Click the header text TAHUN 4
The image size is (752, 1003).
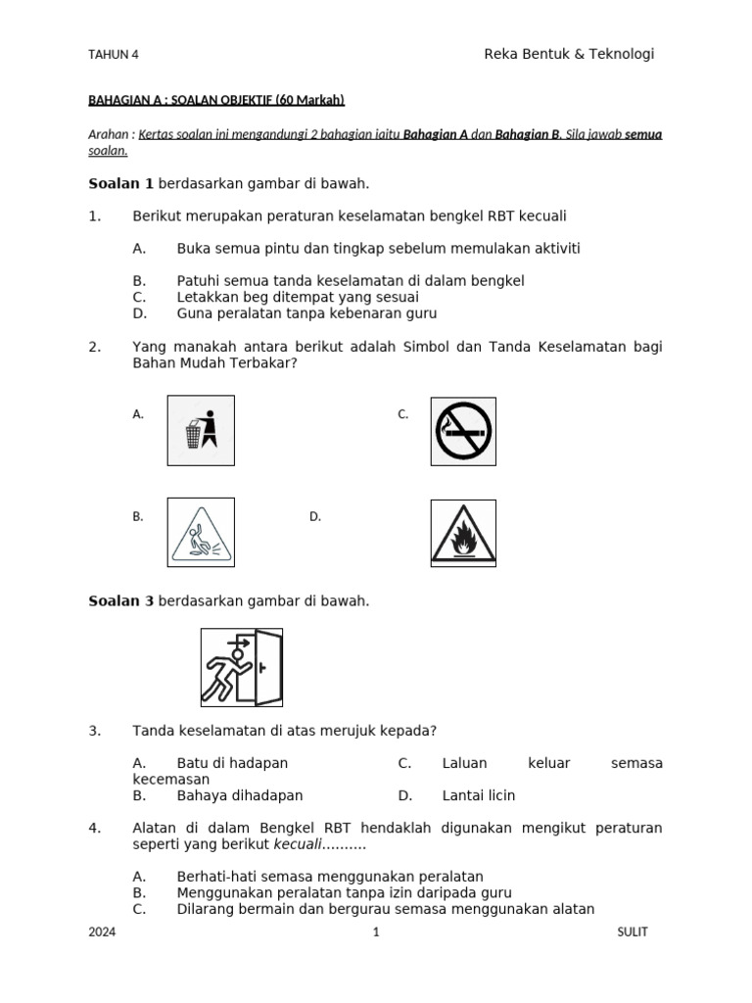click(x=114, y=55)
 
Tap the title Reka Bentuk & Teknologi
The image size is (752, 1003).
click(x=569, y=54)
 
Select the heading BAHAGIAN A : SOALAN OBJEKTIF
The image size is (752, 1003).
click(x=216, y=100)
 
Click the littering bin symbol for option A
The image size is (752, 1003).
click(x=201, y=430)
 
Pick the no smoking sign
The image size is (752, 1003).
click(x=463, y=430)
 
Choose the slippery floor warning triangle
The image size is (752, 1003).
click(x=201, y=532)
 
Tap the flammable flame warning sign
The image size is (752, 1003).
click(x=463, y=533)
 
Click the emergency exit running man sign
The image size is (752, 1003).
click(x=242, y=667)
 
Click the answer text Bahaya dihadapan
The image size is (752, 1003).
click(x=240, y=795)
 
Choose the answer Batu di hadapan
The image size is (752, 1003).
click(x=232, y=763)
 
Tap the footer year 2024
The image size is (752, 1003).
click(x=102, y=932)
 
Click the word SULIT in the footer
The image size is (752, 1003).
click(x=633, y=932)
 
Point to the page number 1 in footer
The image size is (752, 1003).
click(x=376, y=932)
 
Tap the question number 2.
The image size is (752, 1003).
click(x=95, y=347)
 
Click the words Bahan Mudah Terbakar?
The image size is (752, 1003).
click(x=214, y=363)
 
